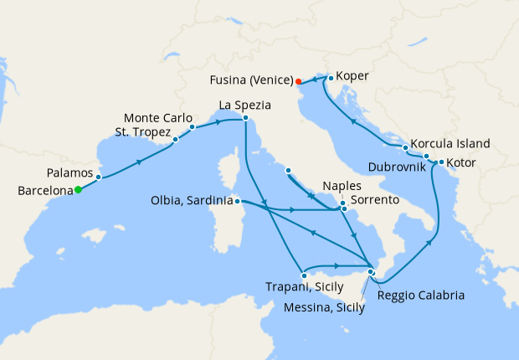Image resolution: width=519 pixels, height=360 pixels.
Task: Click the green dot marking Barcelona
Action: coord(78,189)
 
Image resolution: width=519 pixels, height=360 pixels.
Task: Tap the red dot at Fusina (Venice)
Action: coord(298,81)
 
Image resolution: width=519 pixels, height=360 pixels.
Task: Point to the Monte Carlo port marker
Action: coord(193,127)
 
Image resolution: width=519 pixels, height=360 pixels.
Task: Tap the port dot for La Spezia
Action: coord(245,118)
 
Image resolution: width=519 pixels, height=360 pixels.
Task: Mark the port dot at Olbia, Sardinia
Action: coord(238,201)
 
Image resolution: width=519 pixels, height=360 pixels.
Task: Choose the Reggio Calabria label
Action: coord(420,295)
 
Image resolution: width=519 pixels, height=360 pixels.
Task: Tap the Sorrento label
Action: coord(374,201)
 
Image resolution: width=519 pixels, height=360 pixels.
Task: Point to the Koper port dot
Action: coord(331,79)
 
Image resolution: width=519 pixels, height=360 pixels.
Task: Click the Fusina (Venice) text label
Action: coord(249,81)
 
